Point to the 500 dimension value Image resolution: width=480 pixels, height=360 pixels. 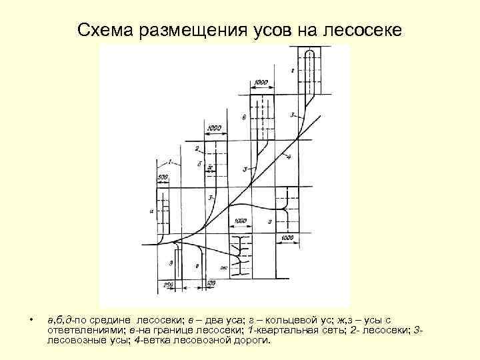click(x=163, y=177)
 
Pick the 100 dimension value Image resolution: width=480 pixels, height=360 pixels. click(x=211, y=284)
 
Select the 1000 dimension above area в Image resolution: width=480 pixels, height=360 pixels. click(x=261, y=83)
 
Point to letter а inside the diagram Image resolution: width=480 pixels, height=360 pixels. click(x=152, y=211)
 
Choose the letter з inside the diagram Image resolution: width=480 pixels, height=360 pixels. click(x=171, y=265)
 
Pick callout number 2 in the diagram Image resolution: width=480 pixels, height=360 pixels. click(x=197, y=147)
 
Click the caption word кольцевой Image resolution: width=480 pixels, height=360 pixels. click(x=268, y=320)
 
